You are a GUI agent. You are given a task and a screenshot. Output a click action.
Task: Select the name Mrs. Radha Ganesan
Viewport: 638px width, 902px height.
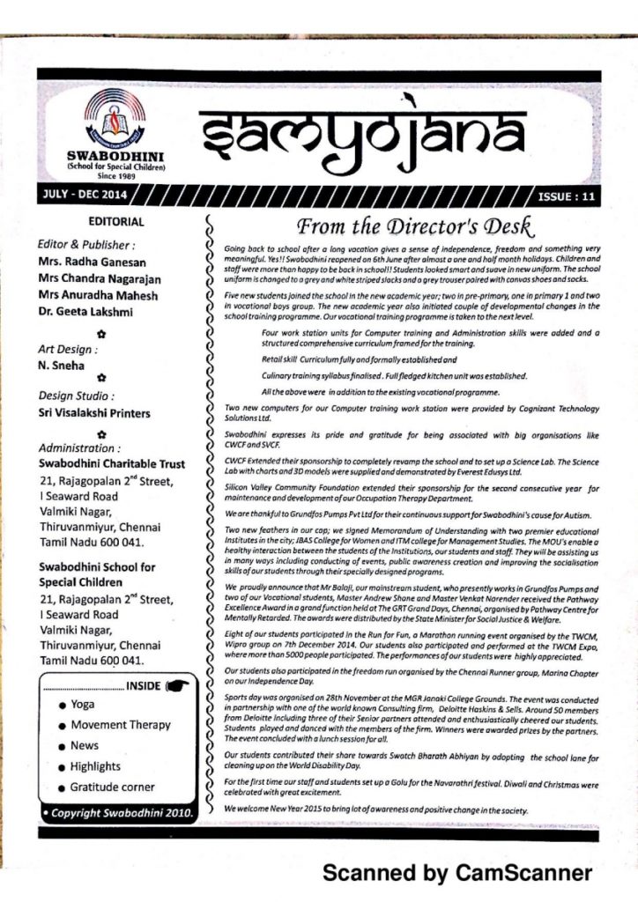pos(92,262)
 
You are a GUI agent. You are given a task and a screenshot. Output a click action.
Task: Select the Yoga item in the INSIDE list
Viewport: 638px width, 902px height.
pos(82,705)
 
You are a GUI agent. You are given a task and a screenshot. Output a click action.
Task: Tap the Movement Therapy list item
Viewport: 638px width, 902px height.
pos(120,725)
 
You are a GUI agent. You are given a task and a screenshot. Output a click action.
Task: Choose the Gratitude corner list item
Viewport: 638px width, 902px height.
pos(112,787)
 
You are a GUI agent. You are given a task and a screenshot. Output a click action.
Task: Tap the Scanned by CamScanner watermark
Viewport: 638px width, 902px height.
pos(457,873)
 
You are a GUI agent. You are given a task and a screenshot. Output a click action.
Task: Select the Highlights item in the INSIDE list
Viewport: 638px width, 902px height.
pos(95,766)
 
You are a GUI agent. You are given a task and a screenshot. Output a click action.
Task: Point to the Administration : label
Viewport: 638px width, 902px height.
pos(80,447)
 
